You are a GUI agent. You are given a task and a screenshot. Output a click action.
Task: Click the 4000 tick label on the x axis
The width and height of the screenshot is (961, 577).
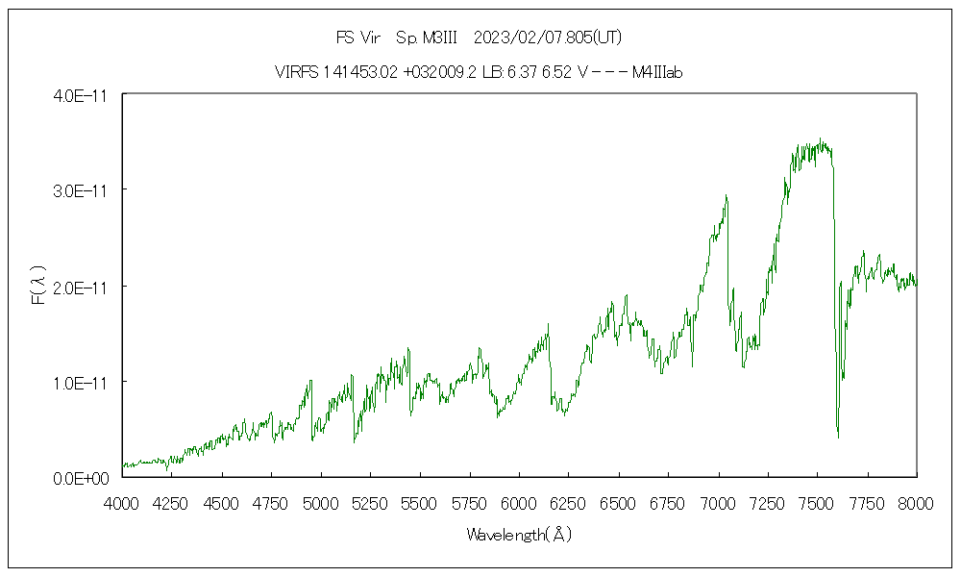coord(122,501)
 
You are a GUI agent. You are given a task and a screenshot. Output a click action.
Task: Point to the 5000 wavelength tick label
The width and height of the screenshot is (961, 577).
coord(321,501)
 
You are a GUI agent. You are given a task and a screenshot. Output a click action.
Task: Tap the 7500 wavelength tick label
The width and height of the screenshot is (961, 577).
coord(817,501)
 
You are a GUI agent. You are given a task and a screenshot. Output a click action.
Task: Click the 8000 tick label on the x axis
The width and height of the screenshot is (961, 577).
coord(916,501)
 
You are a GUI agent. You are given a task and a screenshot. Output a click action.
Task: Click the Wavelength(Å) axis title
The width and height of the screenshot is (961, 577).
coord(519,535)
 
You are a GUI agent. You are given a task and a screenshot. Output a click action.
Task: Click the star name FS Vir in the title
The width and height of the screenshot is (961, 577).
coord(357,38)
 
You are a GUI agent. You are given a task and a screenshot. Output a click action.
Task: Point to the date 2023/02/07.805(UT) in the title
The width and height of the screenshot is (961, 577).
coord(549,38)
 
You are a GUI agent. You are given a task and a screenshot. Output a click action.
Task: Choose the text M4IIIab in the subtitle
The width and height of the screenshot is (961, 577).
coord(657,72)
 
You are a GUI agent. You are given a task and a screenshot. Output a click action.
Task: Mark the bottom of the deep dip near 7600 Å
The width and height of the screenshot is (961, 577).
coord(838,438)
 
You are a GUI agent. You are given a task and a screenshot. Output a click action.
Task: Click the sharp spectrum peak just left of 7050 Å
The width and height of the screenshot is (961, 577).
coord(727,195)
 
